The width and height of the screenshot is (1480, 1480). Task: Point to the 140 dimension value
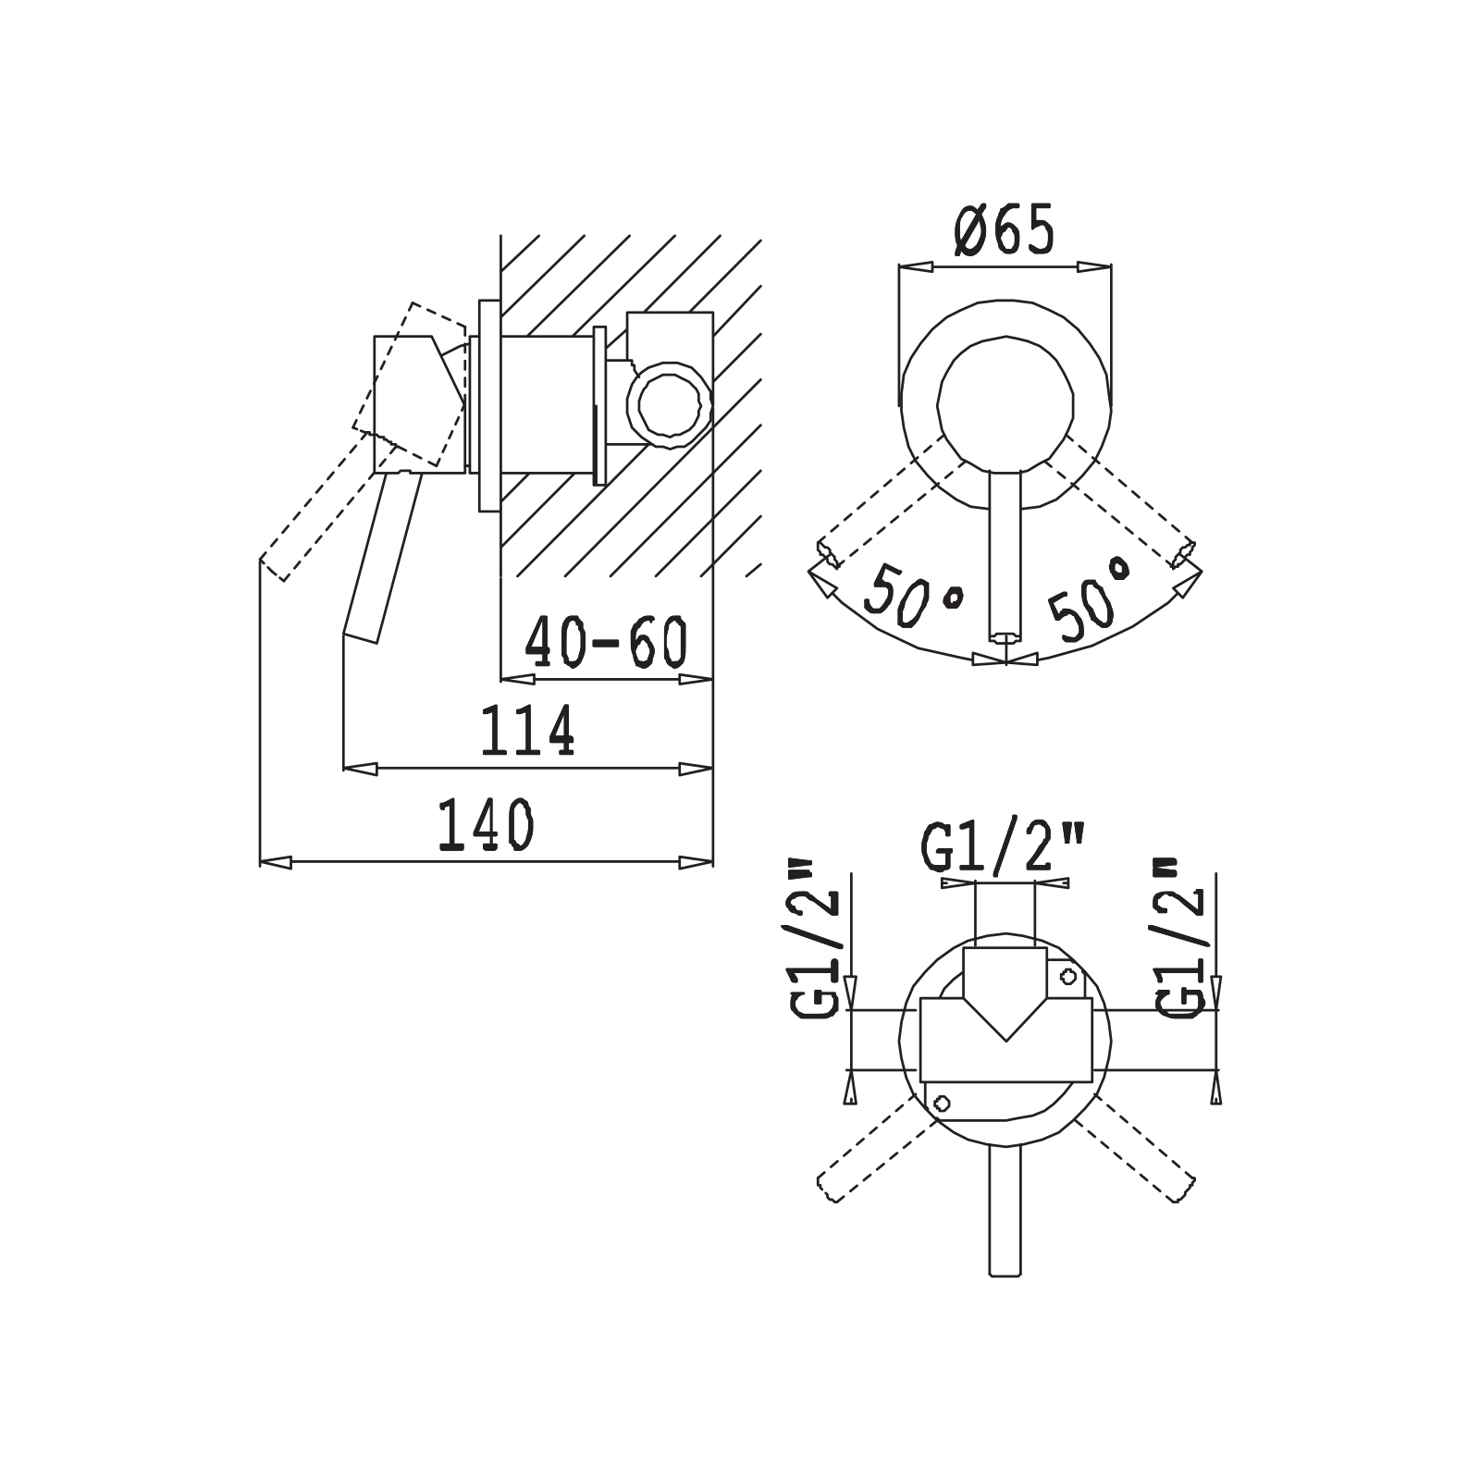(486, 825)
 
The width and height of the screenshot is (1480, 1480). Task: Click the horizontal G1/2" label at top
(1003, 847)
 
